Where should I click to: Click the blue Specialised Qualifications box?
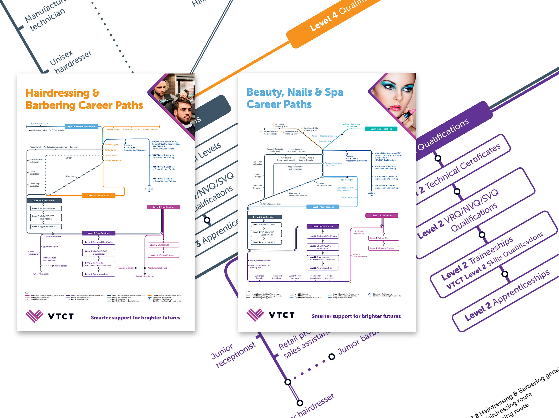coord(81,126)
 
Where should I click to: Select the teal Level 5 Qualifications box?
coord(381,129)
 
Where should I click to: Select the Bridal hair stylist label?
coord(40,123)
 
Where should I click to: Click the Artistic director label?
coord(150,130)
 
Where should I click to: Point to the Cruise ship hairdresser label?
coord(34,185)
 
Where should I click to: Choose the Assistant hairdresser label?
coord(145,276)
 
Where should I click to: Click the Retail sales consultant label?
coord(270,204)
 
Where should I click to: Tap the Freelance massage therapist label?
coord(323,184)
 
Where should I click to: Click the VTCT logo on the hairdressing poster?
coord(50,316)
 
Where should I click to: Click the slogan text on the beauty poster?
coord(356,316)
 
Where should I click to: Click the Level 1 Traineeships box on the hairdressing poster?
coord(163,245)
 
